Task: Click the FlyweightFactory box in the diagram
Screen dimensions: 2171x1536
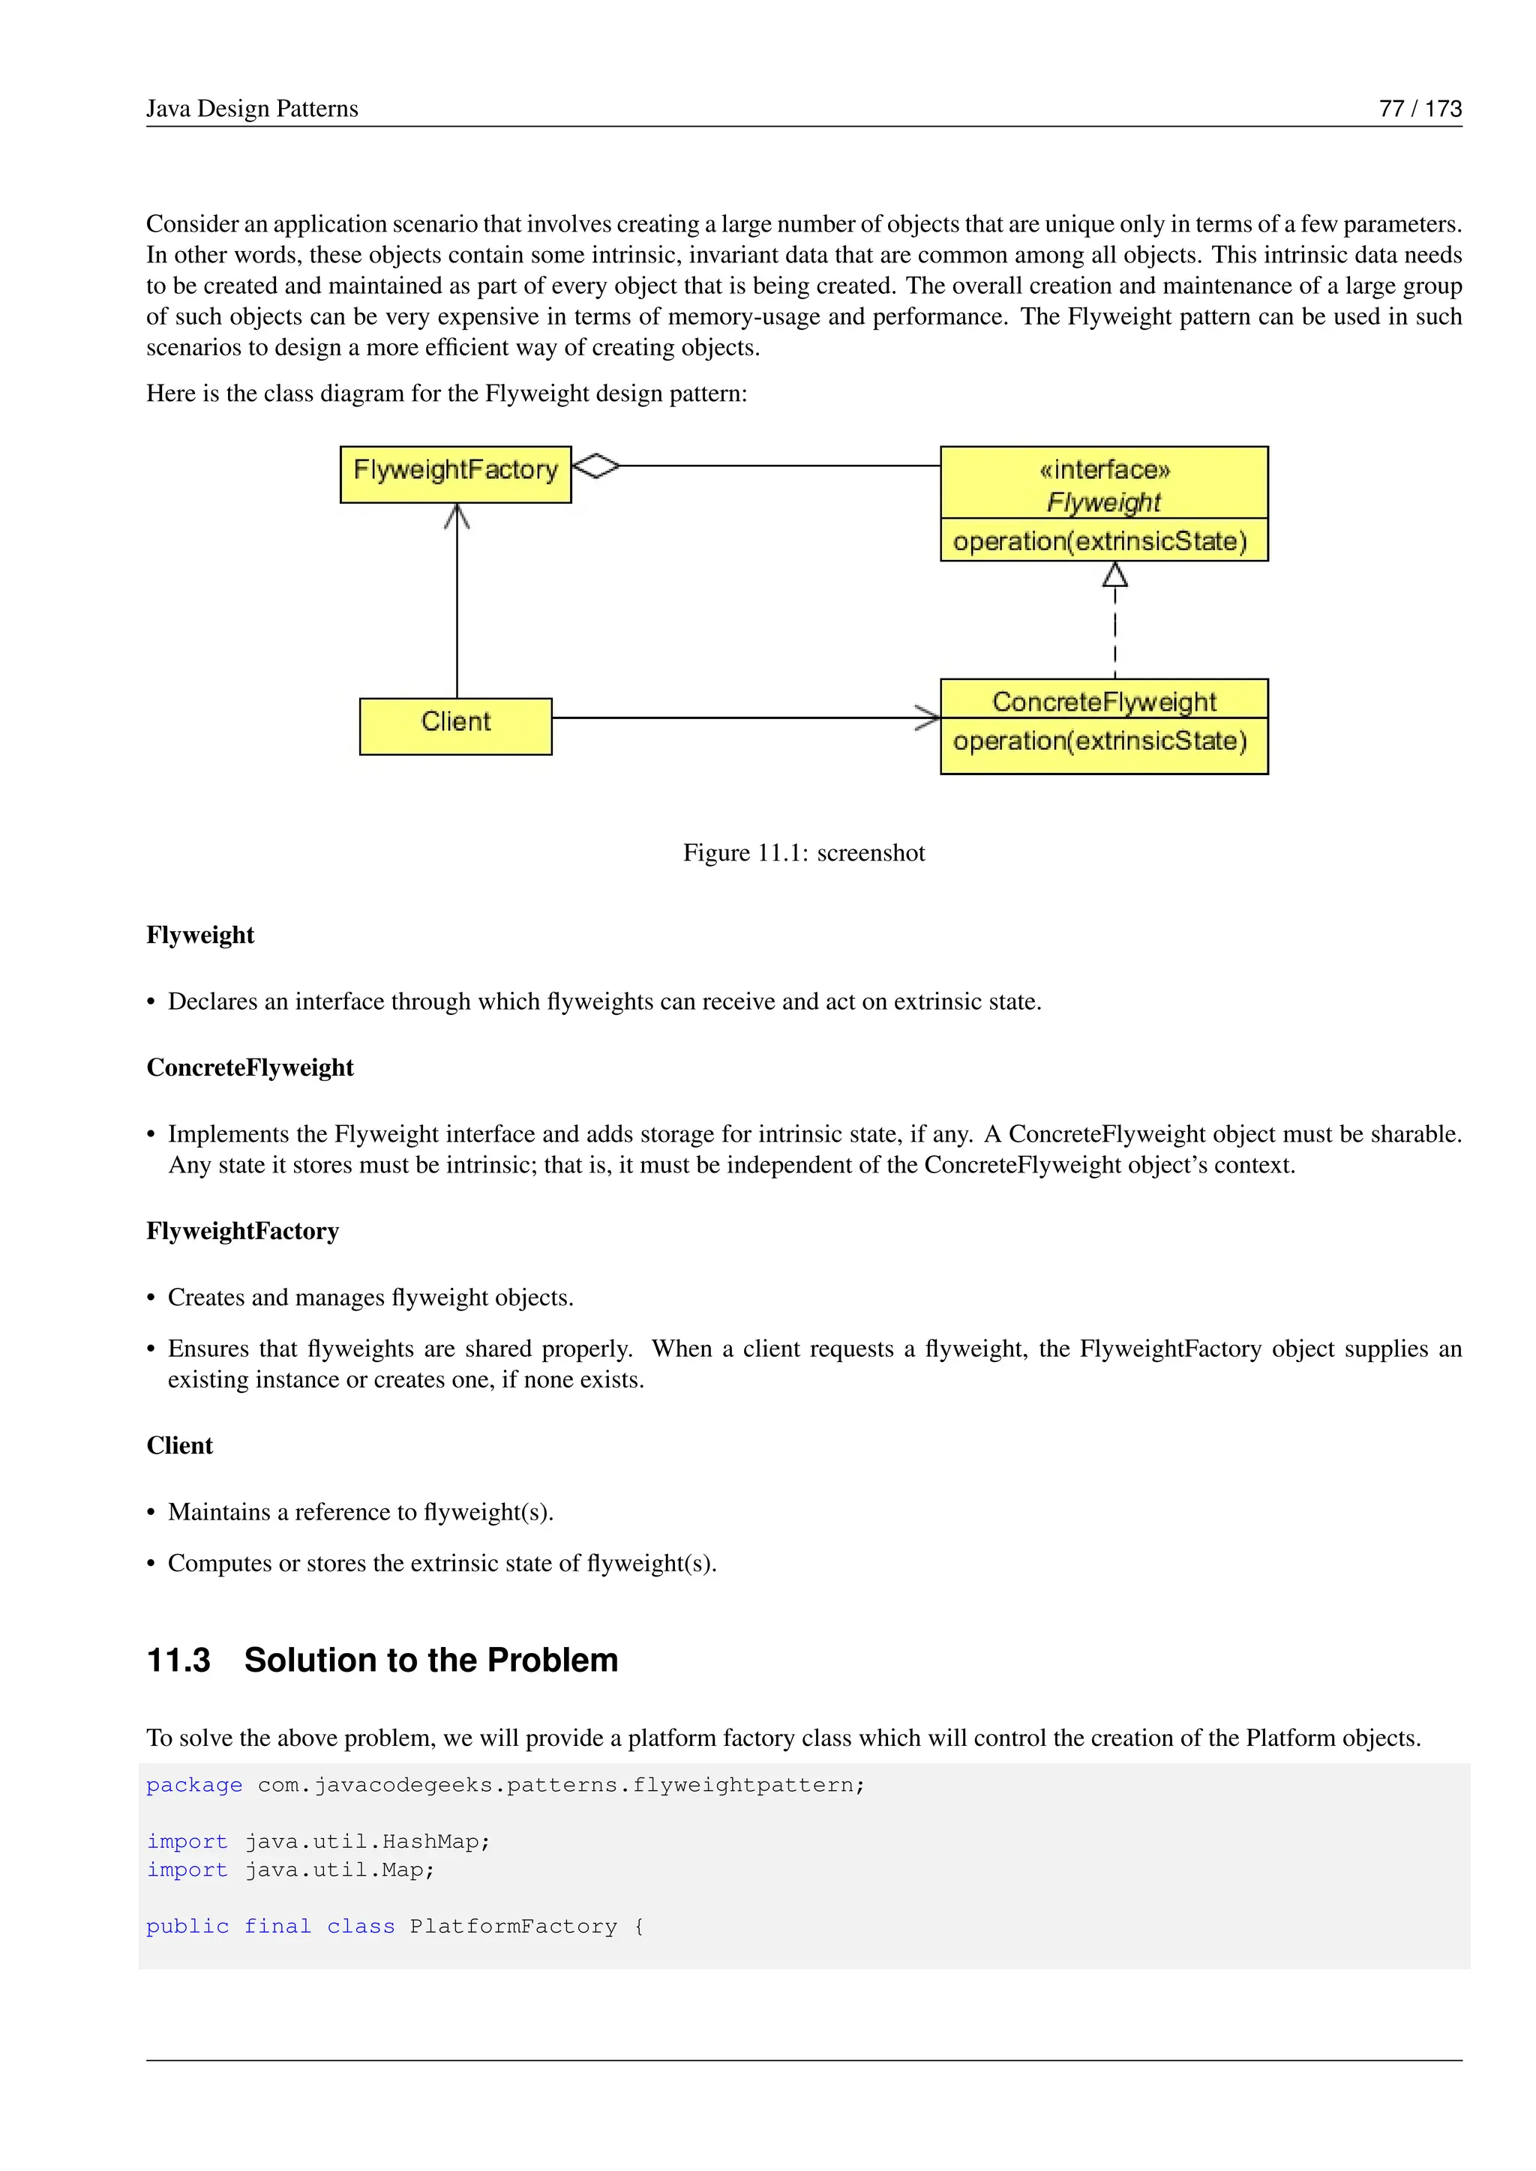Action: (x=455, y=474)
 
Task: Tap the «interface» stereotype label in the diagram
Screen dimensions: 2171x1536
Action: (x=1104, y=469)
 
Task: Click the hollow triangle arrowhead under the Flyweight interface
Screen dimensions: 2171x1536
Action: (x=1115, y=575)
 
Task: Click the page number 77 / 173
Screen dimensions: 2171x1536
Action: (x=1420, y=109)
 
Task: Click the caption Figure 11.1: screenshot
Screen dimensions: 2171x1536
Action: (x=803, y=853)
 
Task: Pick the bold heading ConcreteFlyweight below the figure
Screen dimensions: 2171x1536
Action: (x=250, y=1068)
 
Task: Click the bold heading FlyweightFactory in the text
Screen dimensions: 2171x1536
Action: (x=242, y=1231)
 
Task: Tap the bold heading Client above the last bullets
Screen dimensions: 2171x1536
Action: (x=180, y=1446)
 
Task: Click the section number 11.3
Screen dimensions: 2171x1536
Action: (x=178, y=1660)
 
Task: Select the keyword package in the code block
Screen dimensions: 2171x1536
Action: (x=194, y=1785)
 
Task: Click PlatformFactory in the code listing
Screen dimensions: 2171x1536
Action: (x=513, y=1927)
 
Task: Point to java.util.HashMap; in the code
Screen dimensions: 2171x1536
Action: (x=367, y=1842)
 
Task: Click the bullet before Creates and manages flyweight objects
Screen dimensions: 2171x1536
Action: (x=151, y=1298)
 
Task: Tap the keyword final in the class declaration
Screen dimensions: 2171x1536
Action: (x=277, y=1927)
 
